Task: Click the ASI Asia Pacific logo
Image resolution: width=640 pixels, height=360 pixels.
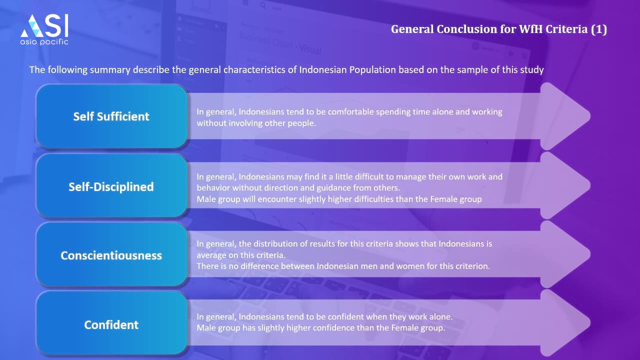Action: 44,29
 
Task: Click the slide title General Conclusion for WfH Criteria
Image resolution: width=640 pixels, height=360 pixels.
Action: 499,29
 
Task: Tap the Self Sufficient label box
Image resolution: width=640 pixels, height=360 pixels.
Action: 111,116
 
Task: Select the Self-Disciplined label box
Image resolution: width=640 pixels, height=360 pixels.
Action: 111,186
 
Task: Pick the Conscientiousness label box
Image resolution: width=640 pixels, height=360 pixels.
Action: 111,255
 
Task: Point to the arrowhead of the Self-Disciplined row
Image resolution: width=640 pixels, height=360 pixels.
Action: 564,185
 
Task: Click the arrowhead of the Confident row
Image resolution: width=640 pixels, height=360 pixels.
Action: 564,323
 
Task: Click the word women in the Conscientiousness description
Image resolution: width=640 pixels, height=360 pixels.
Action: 410,266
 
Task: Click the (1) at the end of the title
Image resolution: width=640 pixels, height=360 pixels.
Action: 599,29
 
